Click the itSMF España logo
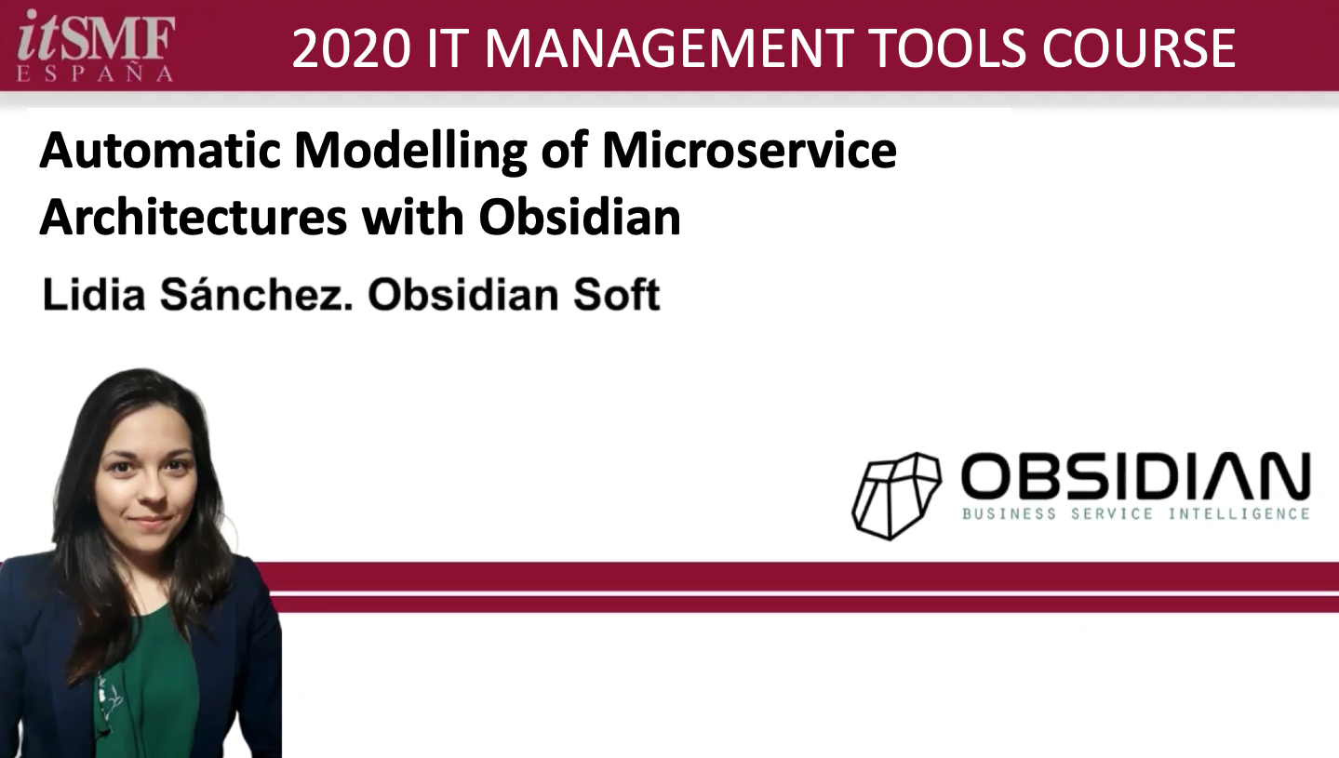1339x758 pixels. click(96, 46)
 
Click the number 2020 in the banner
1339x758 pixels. click(352, 48)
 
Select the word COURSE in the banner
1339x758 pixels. click(1139, 48)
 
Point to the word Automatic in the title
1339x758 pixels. click(160, 151)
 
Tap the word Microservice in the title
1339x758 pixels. click(750, 150)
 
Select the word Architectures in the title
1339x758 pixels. click(193, 217)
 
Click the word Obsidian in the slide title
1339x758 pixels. click(580, 217)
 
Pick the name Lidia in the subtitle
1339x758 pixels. click(94, 294)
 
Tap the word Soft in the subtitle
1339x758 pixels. click(616, 294)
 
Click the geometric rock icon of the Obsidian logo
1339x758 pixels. click(896, 497)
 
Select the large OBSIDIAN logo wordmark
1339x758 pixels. click(1136, 476)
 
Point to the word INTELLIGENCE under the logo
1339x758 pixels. click(1239, 513)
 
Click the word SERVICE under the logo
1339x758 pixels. click(1112, 513)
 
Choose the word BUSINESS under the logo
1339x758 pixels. click(1009, 513)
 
